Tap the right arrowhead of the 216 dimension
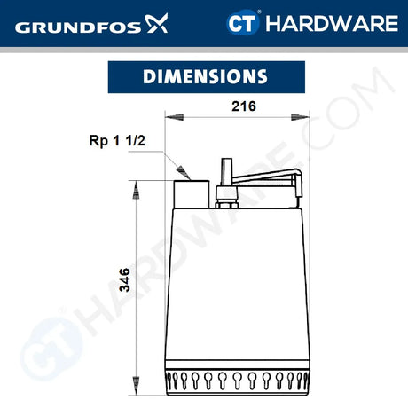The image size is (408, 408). point(294,116)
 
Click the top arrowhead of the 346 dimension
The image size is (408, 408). point(136,185)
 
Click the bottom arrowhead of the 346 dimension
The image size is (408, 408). point(136,390)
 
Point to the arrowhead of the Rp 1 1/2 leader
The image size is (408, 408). point(184,171)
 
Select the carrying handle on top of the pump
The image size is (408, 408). point(265,177)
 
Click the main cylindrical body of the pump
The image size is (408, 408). point(232,284)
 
